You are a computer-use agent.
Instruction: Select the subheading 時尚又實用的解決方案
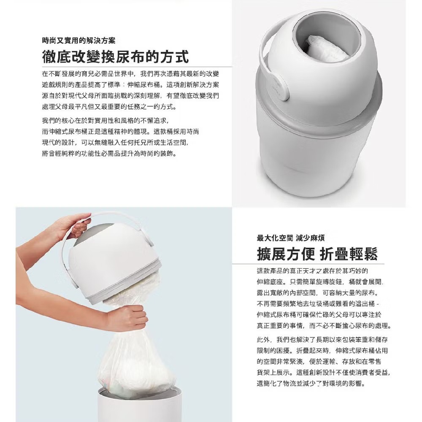click(78, 41)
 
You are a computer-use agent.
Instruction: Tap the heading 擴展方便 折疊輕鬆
click(317, 254)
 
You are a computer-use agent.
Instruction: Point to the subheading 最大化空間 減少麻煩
click(291, 238)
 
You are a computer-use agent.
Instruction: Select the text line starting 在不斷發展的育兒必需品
click(130, 73)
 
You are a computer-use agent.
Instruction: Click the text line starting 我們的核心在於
click(105, 120)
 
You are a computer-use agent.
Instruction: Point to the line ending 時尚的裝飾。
click(110, 154)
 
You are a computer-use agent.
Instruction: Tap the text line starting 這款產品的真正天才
click(312, 271)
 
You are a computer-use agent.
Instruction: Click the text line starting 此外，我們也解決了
click(322, 340)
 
